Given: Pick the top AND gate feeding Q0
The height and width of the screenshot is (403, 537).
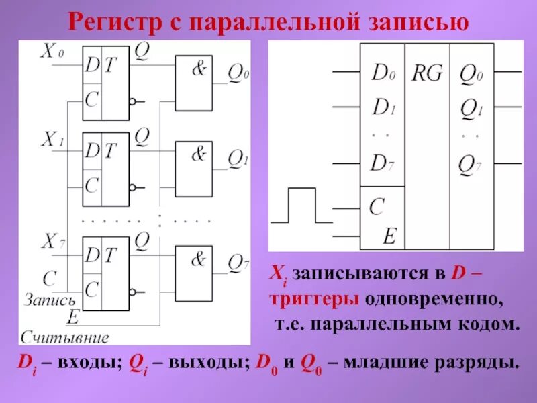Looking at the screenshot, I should pyautogui.click(x=193, y=82).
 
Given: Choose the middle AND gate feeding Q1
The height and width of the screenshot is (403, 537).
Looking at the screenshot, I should pyautogui.click(x=193, y=168).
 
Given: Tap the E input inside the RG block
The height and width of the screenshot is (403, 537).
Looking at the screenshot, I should pyautogui.click(x=389, y=235).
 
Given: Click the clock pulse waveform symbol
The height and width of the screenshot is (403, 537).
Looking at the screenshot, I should pyautogui.click(x=301, y=206).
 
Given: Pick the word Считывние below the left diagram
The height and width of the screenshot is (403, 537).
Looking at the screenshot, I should pyautogui.click(x=64, y=336).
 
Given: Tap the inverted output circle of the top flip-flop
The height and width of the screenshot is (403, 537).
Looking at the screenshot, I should pyautogui.click(x=133, y=101).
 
